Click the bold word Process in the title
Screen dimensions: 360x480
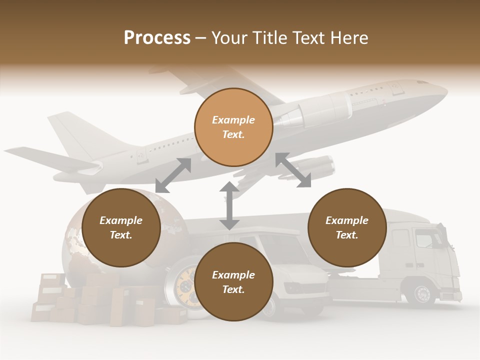157,38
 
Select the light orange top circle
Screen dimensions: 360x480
233,127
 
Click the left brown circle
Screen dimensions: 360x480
121,227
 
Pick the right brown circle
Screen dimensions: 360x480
347,227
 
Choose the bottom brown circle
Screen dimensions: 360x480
233,281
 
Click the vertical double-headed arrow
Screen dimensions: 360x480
229,206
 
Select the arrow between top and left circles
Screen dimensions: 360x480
173,175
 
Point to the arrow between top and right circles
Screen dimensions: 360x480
293,170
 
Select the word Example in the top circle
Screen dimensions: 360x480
233,120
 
